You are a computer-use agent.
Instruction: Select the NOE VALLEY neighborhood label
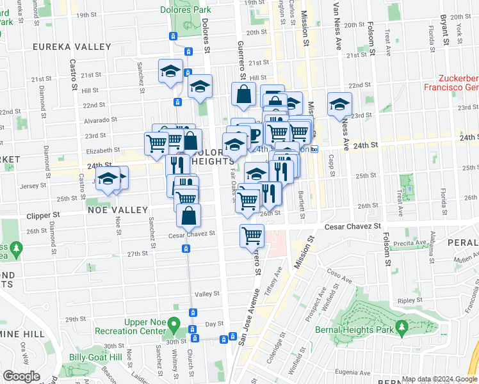click(113, 210)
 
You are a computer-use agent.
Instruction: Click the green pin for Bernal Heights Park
click(402, 328)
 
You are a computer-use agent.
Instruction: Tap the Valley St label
click(207, 294)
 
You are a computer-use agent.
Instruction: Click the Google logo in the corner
click(21, 376)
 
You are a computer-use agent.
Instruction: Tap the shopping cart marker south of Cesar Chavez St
click(252, 236)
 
